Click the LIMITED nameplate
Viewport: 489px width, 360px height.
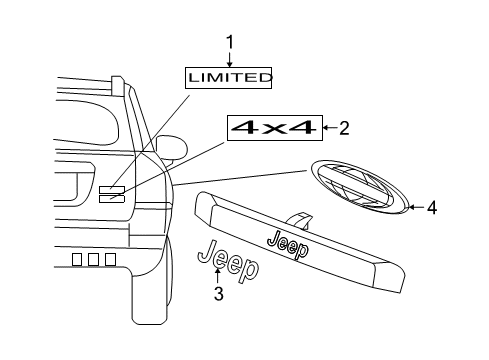point(230,77)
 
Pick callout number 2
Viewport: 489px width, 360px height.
point(344,127)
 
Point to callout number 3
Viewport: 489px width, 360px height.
point(218,294)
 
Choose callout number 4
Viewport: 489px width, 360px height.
point(432,208)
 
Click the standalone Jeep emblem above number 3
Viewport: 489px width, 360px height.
point(228,261)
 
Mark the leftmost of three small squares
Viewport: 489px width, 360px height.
point(76,258)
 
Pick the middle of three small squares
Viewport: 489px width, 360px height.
point(93,258)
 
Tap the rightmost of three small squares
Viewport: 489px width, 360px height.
point(109,258)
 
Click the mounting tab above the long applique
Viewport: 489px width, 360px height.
point(297,219)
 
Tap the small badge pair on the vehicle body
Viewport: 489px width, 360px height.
point(111,193)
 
